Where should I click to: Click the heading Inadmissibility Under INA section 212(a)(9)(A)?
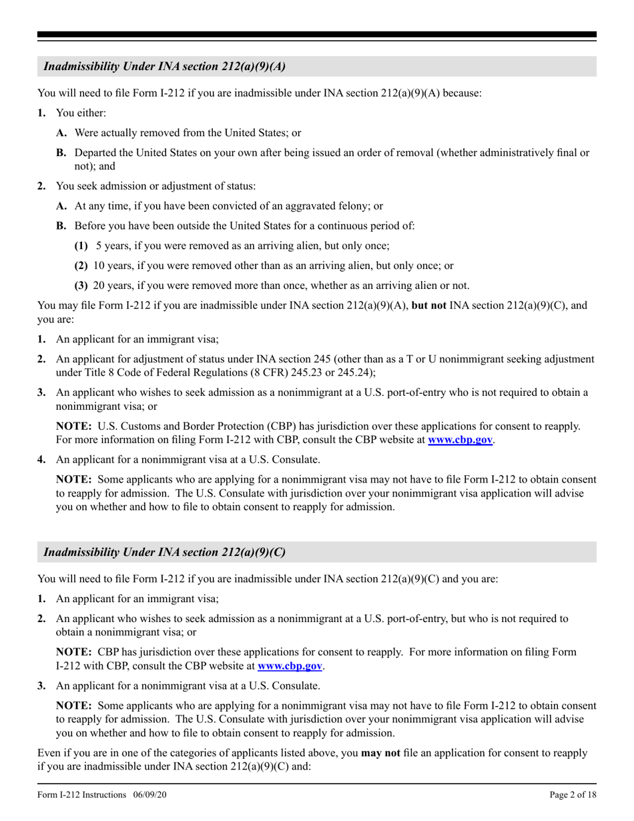[165, 66]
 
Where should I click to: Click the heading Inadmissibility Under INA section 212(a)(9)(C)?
[165, 552]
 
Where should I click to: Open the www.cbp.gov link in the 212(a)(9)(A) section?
[461, 441]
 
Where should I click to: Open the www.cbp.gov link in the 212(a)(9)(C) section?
[291, 665]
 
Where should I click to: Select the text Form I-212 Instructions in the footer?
[82, 795]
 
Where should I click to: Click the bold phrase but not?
[429, 306]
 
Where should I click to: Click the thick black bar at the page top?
[317, 35]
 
